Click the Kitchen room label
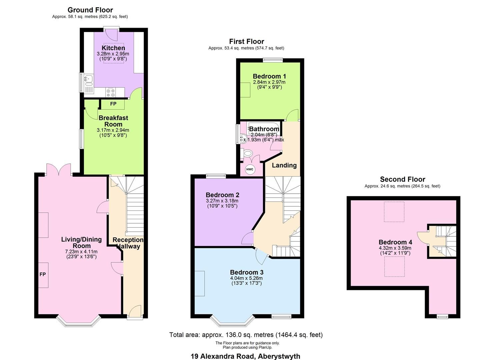[113, 48]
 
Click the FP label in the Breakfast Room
[113, 104]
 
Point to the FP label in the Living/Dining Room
[43, 274]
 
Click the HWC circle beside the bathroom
[250, 169]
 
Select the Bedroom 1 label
[269, 76]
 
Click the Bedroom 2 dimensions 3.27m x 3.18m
[222, 201]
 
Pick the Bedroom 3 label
[246, 272]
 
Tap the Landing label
[284, 165]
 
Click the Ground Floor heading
[90, 10]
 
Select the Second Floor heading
[402, 179]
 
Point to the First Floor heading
[246, 41]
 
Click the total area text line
[246, 335]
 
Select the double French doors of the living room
[59, 170]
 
